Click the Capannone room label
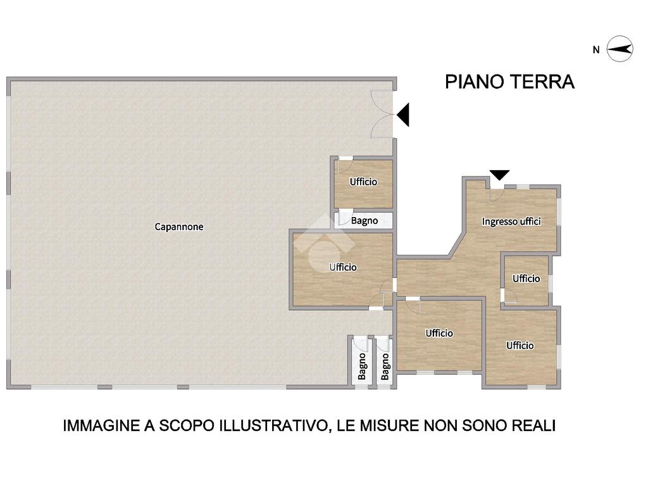tap(179, 227)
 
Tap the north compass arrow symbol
tap(620, 49)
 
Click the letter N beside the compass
tap(596, 50)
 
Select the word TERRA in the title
tap(542, 82)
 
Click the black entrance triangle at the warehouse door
tap(403, 115)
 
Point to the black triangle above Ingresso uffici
tap(499, 175)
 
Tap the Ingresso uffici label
tap(511, 221)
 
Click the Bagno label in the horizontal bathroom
tap(364, 221)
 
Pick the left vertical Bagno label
tap(362, 366)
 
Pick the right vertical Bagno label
tap(385, 366)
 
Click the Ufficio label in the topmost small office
tap(363, 182)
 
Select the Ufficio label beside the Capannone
tap(343, 268)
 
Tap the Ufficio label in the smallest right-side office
tap(526, 279)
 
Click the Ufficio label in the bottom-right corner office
tap(520, 346)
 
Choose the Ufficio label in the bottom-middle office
tap(439, 333)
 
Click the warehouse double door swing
tap(382, 114)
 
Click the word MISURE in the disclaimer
tap(388, 425)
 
